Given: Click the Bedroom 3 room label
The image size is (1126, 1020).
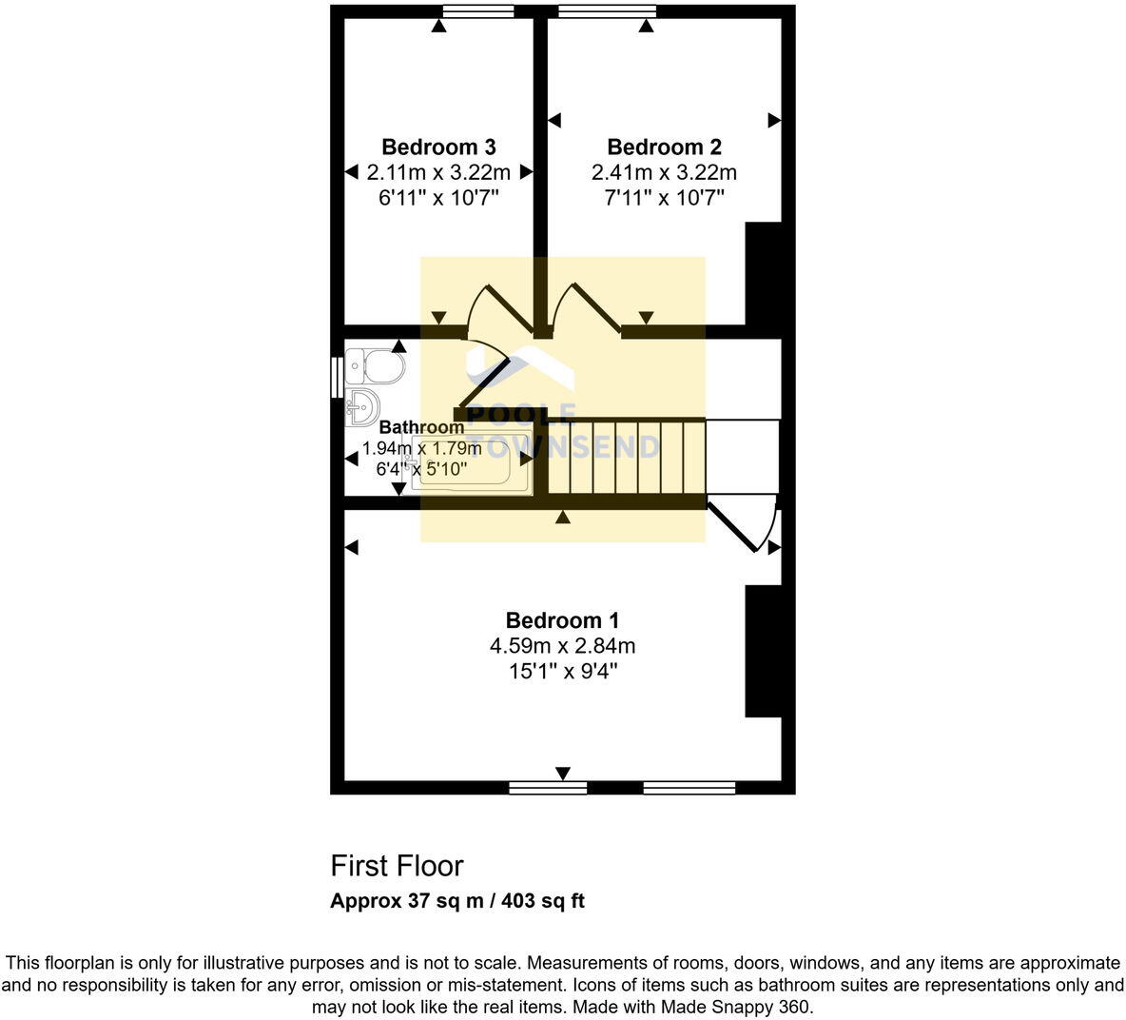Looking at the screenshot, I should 438,147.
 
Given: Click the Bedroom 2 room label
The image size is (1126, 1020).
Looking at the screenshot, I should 664,147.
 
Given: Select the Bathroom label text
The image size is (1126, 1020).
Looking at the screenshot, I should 421,427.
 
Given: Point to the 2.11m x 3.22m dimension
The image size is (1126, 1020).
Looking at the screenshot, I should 438,172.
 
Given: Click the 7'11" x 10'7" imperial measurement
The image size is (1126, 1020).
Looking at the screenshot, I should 664,198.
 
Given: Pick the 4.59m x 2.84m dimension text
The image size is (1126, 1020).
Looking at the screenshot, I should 562,646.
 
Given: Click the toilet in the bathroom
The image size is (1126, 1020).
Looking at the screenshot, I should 375,365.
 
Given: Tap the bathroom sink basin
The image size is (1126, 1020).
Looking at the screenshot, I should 361,407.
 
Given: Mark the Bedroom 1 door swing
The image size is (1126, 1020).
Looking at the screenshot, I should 747,523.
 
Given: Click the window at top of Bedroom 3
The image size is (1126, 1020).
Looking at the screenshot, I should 478,11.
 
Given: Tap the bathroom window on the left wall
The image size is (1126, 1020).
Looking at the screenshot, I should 336,376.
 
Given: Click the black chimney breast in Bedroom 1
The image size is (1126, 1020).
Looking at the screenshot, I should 763,651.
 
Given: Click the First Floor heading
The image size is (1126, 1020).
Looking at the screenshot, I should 397,866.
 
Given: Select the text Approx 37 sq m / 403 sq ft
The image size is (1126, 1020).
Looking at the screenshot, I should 456,901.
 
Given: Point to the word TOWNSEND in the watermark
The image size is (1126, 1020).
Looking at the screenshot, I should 567,446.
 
